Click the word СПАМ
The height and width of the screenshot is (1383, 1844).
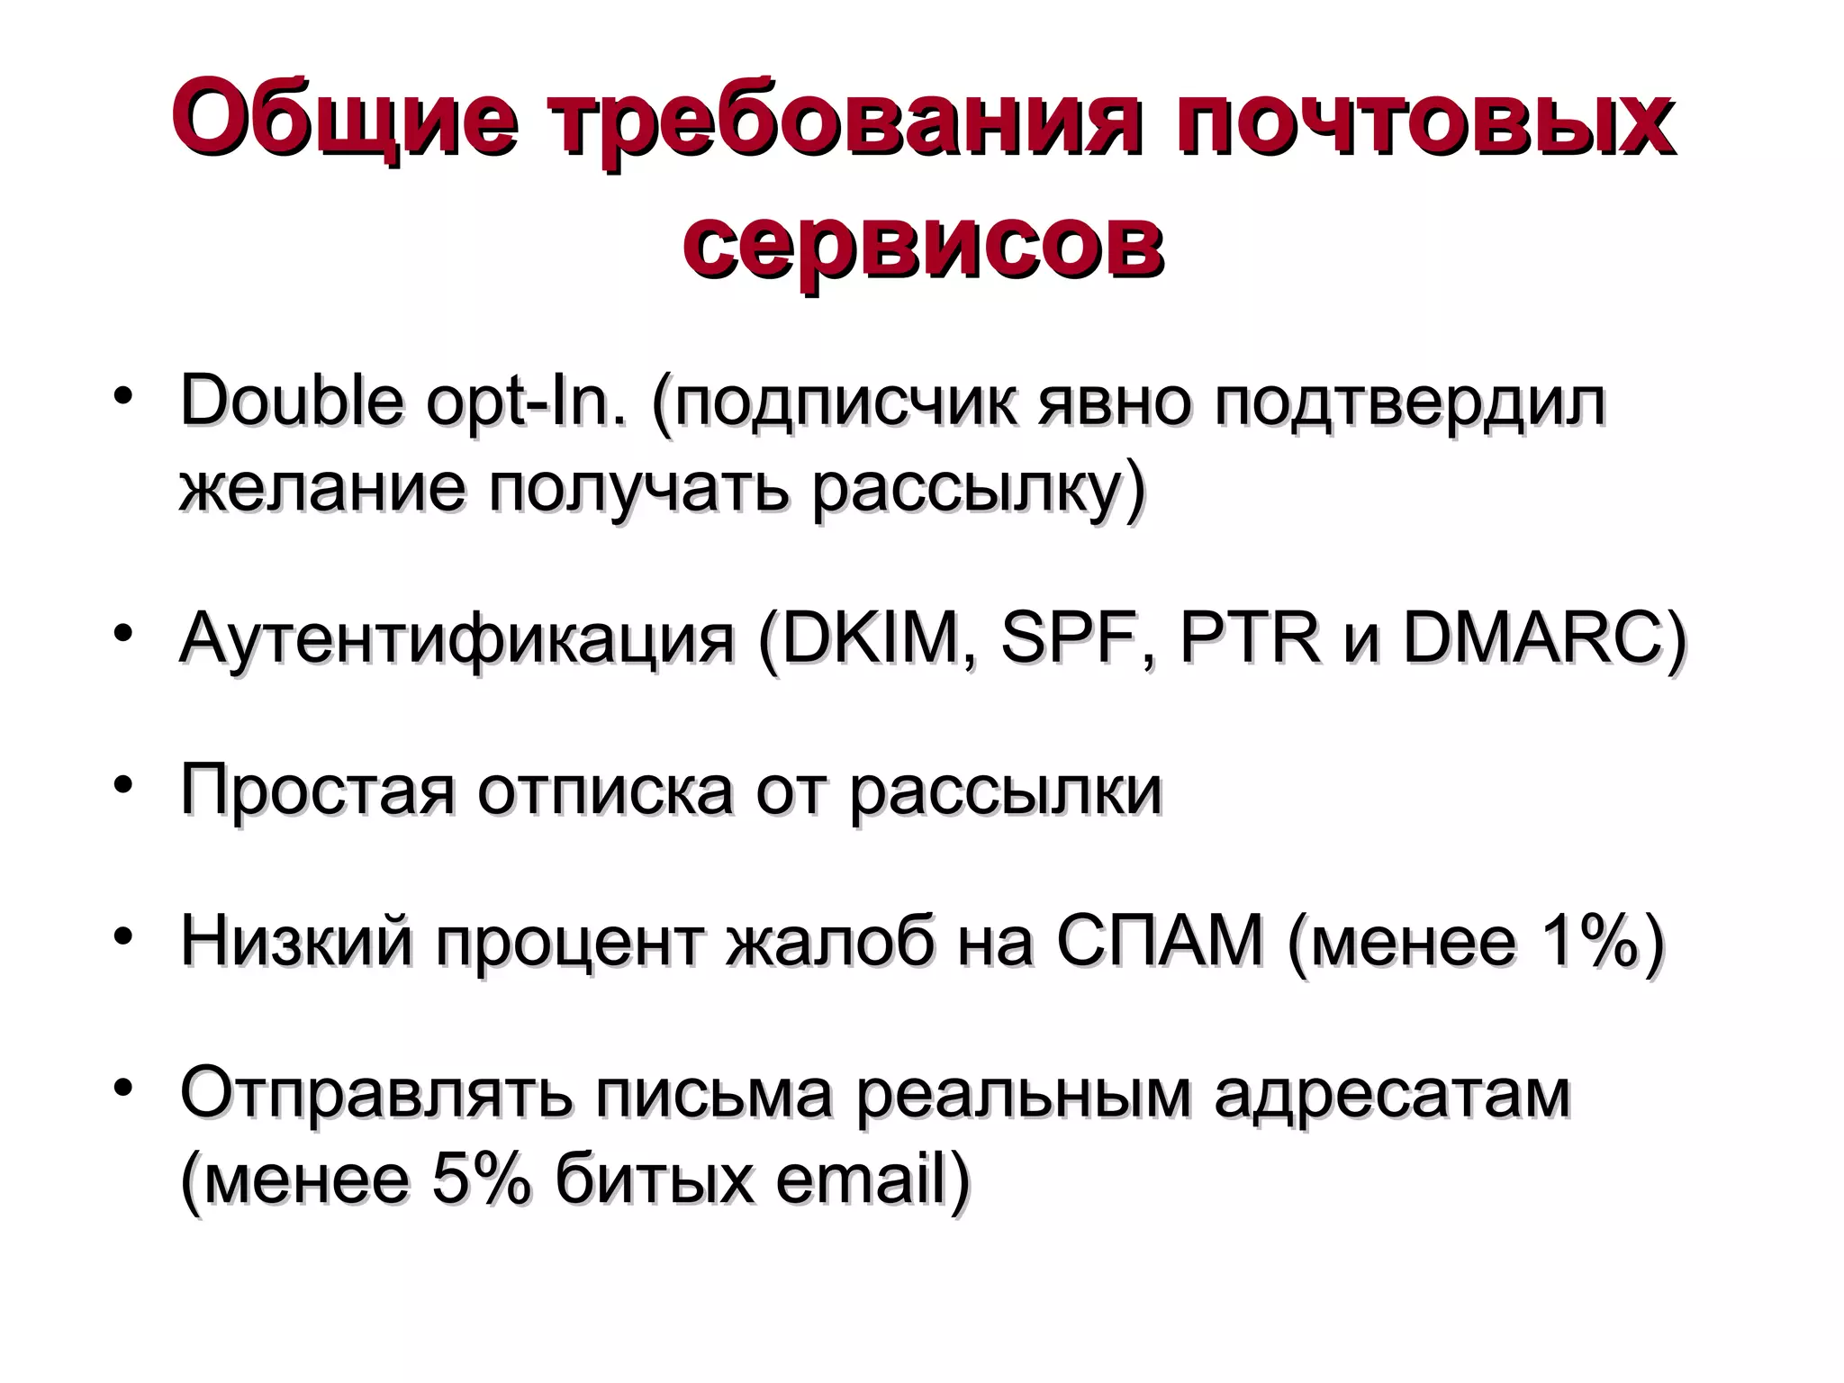1161,941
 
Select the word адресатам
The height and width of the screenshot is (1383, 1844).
1392,1094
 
